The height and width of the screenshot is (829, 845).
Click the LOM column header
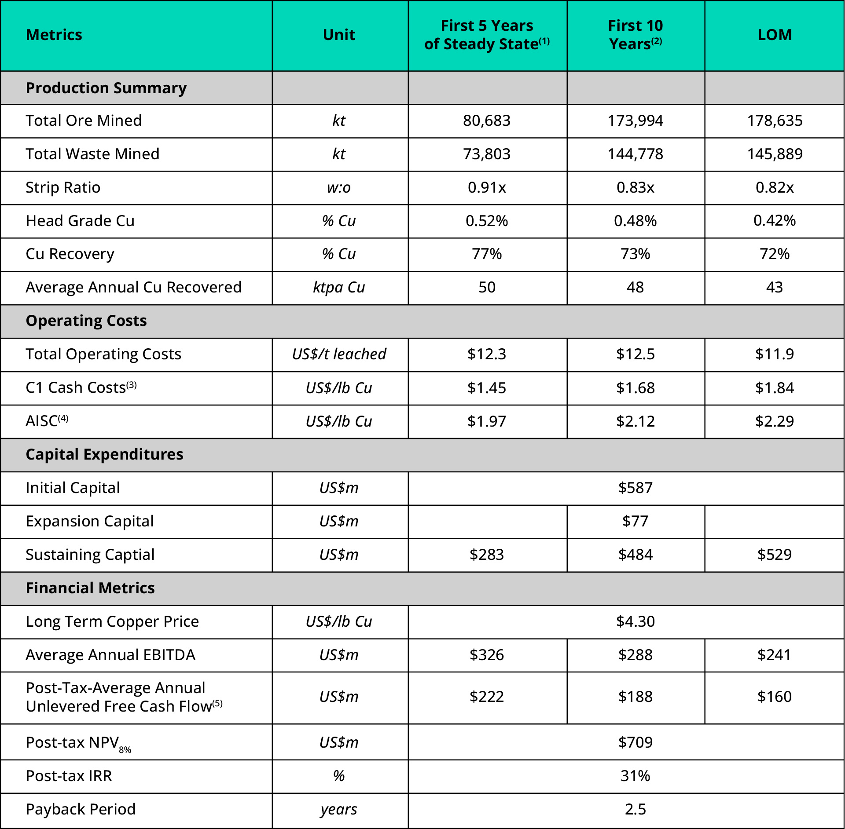(x=774, y=35)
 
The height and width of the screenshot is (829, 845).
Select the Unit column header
(x=339, y=35)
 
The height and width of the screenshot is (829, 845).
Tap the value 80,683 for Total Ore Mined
(x=486, y=121)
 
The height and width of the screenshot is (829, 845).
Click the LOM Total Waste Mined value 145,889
(x=775, y=154)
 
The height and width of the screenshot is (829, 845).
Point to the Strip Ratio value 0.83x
(x=635, y=187)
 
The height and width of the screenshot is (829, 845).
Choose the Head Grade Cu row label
(x=80, y=221)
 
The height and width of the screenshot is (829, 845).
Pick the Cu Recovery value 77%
(x=486, y=254)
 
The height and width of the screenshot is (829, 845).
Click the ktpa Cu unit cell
(x=339, y=287)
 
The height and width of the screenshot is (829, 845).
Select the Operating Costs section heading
(x=86, y=321)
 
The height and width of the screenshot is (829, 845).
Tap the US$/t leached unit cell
(x=339, y=354)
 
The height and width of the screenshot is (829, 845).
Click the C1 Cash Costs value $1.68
(x=635, y=388)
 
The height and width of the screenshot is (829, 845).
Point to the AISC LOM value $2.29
(x=775, y=421)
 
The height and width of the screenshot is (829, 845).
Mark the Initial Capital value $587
(x=635, y=488)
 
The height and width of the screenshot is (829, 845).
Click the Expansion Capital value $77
(x=635, y=521)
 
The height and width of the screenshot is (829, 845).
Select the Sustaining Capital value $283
(x=486, y=555)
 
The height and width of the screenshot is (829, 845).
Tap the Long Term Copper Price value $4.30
(x=635, y=621)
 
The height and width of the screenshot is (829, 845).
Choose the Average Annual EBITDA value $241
(x=775, y=655)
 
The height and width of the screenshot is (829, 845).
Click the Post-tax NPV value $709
(x=635, y=742)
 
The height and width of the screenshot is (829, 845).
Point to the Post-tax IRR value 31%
(x=635, y=776)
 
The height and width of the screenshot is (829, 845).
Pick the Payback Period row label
(x=81, y=809)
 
